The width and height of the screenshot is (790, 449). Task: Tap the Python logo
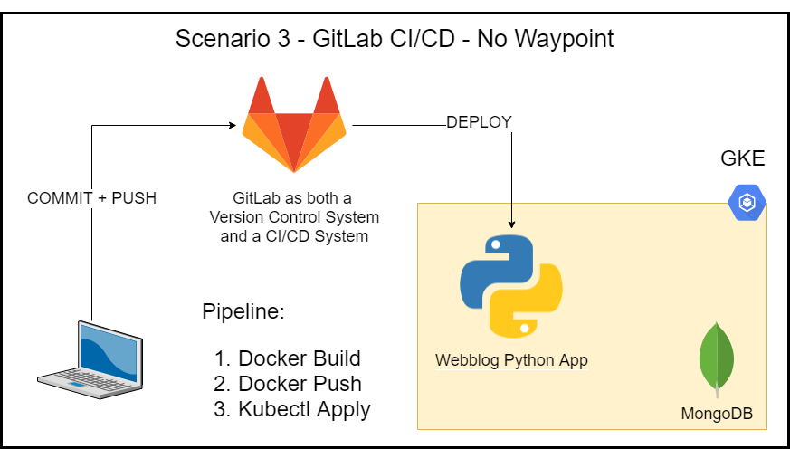(511, 285)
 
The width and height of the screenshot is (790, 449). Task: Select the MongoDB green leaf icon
(716, 359)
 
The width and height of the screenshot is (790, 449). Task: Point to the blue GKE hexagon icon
(747, 202)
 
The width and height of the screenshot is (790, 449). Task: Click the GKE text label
(742, 159)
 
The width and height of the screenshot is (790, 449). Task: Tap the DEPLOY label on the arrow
(479, 122)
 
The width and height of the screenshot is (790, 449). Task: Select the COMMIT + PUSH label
(91, 198)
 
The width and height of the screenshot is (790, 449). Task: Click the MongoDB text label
(717, 415)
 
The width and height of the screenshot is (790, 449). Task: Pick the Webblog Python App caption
(511, 360)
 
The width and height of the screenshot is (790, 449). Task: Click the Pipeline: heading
(243, 313)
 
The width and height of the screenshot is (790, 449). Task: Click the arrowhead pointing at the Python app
(512, 223)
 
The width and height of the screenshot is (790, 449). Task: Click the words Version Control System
(294, 218)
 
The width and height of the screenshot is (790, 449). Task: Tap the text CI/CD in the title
(423, 40)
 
